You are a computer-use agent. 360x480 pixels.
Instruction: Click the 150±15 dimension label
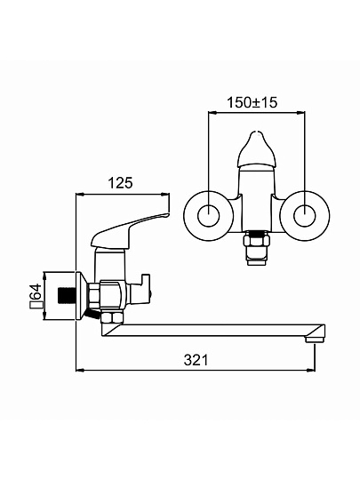(x=252, y=102)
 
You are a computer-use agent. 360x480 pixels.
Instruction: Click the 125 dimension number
(x=120, y=183)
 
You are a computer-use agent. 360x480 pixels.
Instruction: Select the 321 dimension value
(x=196, y=360)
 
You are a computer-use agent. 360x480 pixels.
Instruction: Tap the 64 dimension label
(x=36, y=292)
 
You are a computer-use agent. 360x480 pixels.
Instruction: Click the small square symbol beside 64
(x=36, y=306)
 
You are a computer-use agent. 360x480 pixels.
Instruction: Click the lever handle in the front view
(x=256, y=150)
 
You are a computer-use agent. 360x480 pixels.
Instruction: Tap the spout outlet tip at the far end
(x=315, y=339)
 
